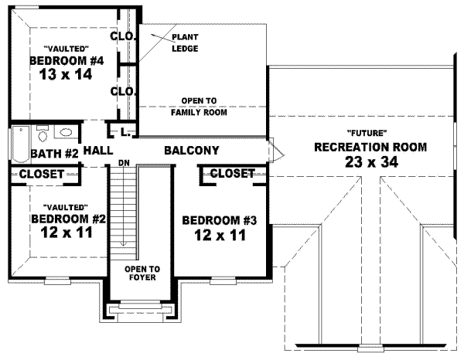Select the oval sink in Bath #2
pos(67,131)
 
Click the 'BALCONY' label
pos(191,151)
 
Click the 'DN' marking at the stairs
pos(123,163)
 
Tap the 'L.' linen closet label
pos(124,132)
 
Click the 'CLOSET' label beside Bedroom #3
pos(232,174)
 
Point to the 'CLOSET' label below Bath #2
pos(41,175)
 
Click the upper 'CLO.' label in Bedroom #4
pos(123,36)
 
